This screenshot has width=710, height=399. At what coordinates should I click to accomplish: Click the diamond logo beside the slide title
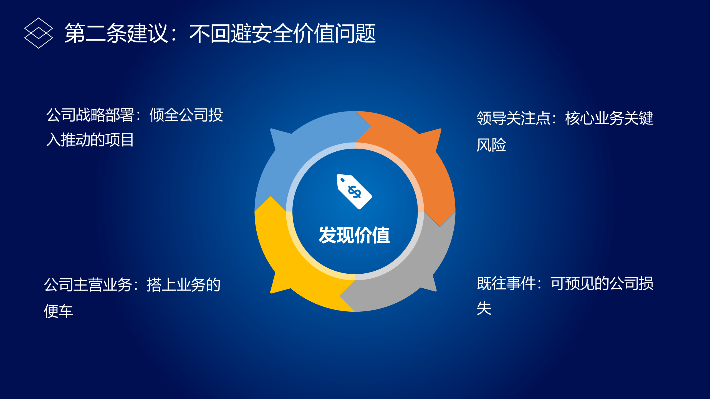(39, 33)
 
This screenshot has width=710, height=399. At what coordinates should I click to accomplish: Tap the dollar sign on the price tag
(355, 192)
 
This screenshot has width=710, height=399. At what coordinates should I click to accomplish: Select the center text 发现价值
(354, 235)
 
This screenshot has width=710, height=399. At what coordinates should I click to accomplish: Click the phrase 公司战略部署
(90, 115)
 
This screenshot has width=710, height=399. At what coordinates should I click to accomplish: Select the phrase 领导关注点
(514, 118)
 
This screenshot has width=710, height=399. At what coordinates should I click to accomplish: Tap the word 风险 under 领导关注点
(491, 144)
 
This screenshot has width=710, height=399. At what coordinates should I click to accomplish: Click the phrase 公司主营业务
(88, 284)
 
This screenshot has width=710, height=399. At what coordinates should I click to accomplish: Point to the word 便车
(59, 311)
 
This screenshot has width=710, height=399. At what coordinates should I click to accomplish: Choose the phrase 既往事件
(506, 283)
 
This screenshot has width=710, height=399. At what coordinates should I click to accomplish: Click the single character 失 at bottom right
(484, 308)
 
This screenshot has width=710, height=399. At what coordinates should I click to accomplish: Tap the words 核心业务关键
(609, 118)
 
